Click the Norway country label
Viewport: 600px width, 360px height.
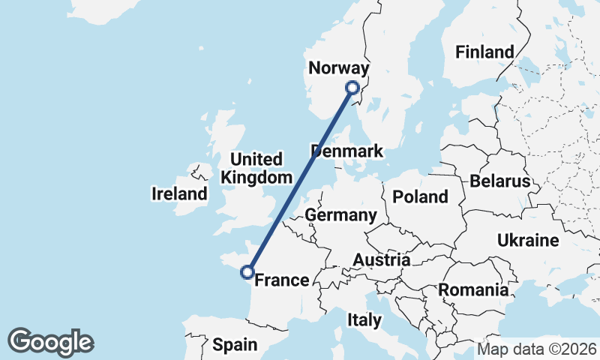pyautogui.click(x=339, y=69)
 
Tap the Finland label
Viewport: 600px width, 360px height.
pyautogui.click(x=484, y=52)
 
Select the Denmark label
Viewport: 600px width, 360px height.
pyautogui.click(x=346, y=151)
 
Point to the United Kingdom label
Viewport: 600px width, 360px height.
pyautogui.click(x=256, y=169)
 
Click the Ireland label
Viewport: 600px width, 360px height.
pyautogui.click(x=179, y=194)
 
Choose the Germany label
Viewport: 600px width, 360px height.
pyautogui.click(x=340, y=216)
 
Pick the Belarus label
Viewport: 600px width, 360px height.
pyautogui.click(x=500, y=181)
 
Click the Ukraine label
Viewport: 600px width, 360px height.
pyautogui.click(x=528, y=241)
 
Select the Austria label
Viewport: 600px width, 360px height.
pyautogui.click(x=382, y=260)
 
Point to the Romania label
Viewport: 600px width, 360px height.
pyautogui.click(x=473, y=289)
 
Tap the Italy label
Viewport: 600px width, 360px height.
pyautogui.click(x=364, y=320)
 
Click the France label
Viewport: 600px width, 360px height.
pyautogui.click(x=282, y=280)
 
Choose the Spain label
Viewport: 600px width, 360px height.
pyautogui.click(x=235, y=345)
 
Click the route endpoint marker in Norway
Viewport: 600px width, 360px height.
pyautogui.click(x=353, y=88)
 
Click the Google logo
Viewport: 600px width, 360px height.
pyautogui.click(x=50, y=342)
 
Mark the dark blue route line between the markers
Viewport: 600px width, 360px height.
pyautogui.click(x=300, y=180)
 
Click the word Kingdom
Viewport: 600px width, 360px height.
pyautogui.click(x=256, y=178)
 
